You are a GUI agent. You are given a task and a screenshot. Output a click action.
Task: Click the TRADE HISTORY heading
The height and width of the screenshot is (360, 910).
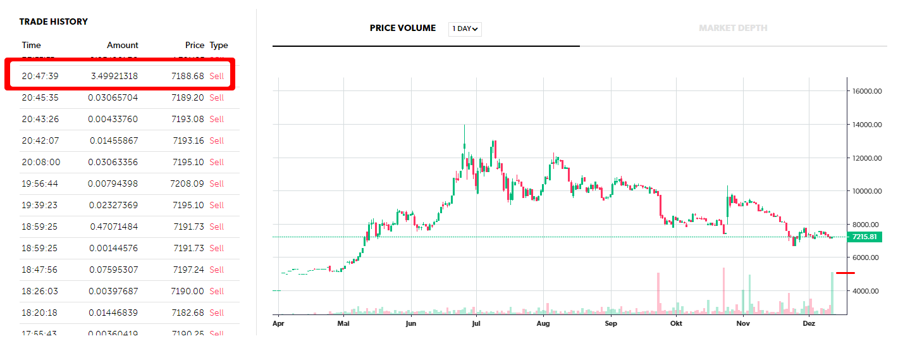[53, 22]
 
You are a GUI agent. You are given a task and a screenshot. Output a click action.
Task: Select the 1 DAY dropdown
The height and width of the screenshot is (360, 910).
[465, 28]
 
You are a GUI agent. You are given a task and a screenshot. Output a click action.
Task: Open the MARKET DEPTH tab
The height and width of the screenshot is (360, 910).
[733, 28]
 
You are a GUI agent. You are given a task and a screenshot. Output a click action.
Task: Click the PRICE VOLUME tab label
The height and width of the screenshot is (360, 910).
[403, 28]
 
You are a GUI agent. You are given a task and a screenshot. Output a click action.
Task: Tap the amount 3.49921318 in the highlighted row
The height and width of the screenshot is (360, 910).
[114, 76]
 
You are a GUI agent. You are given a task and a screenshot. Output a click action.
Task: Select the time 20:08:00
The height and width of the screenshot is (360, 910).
[41, 162]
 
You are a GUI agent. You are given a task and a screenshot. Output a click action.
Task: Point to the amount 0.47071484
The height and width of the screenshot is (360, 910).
[114, 227]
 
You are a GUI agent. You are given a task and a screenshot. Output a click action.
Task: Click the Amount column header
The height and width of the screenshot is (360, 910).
[122, 45]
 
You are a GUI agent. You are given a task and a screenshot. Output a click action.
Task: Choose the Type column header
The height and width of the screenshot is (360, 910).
[219, 45]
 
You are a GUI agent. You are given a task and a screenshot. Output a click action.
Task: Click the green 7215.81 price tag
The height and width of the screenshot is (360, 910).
[864, 237]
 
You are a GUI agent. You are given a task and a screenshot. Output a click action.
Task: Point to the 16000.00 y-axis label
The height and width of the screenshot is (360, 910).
[867, 91]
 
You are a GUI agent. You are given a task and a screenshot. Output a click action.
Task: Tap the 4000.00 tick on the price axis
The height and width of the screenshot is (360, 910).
[867, 291]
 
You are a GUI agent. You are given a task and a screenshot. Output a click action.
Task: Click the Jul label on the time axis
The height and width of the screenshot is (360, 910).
[477, 323]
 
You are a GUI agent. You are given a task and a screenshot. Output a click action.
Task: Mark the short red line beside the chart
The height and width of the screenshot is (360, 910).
[845, 273]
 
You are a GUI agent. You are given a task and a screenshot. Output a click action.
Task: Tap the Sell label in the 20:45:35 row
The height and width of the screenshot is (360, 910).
[217, 97]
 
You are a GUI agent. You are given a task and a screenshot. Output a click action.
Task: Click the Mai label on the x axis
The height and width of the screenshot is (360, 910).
[343, 323]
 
